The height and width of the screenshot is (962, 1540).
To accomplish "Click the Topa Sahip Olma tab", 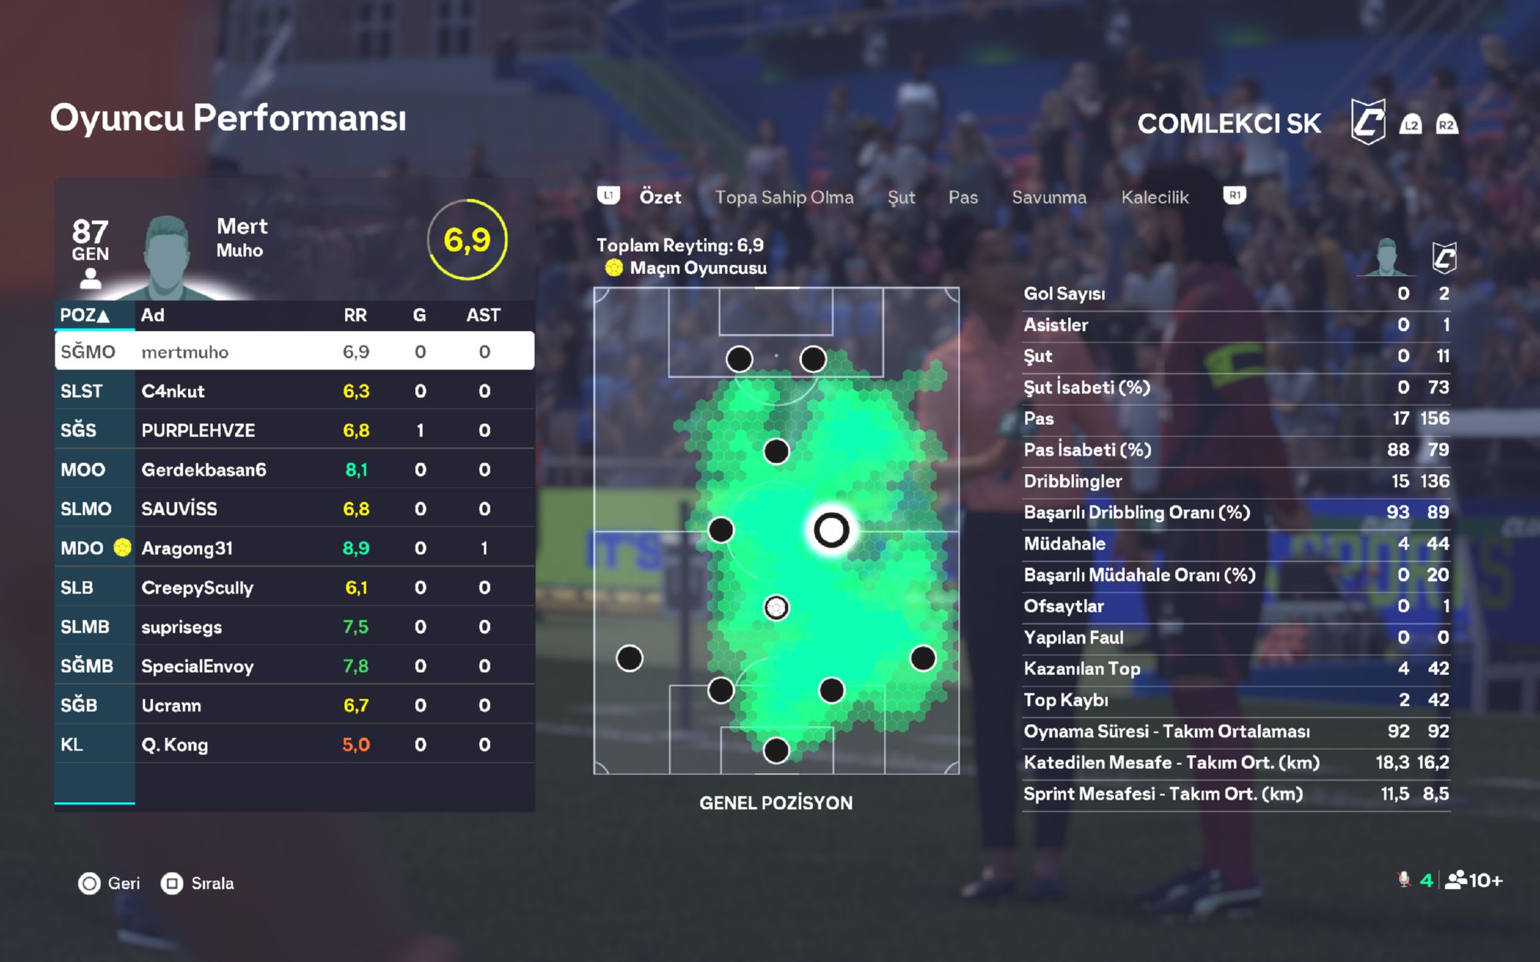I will click(784, 198).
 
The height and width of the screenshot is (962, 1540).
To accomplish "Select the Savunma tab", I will click(1049, 198).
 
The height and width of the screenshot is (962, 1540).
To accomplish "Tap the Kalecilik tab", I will click(1154, 198).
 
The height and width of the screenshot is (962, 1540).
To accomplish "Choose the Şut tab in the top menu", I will click(901, 198).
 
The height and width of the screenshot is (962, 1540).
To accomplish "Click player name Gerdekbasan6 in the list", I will click(203, 469).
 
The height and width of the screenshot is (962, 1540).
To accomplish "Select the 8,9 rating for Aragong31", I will click(356, 548).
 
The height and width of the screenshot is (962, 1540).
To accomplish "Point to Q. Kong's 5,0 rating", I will click(356, 744).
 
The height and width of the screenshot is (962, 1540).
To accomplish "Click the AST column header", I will click(483, 315).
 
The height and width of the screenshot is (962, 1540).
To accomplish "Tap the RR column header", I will click(355, 315).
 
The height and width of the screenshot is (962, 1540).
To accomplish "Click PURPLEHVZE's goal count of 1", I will click(420, 430).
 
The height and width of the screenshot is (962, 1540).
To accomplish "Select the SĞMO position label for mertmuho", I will click(88, 352).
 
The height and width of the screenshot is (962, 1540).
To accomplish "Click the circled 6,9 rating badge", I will click(467, 240).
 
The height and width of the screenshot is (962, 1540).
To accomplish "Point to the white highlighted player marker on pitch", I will click(831, 529).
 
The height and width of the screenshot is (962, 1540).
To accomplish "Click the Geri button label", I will click(123, 883).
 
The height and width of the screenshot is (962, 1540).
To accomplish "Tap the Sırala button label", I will click(212, 883).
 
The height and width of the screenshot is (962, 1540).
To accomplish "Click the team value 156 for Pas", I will click(1435, 419).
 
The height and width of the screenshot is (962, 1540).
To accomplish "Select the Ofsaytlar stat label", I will click(1063, 606).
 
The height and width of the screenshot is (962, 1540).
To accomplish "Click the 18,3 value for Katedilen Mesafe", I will click(1392, 763).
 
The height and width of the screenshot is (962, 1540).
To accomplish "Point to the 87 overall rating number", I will click(90, 231).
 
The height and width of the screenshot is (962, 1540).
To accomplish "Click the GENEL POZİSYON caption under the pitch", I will click(775, 803).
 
